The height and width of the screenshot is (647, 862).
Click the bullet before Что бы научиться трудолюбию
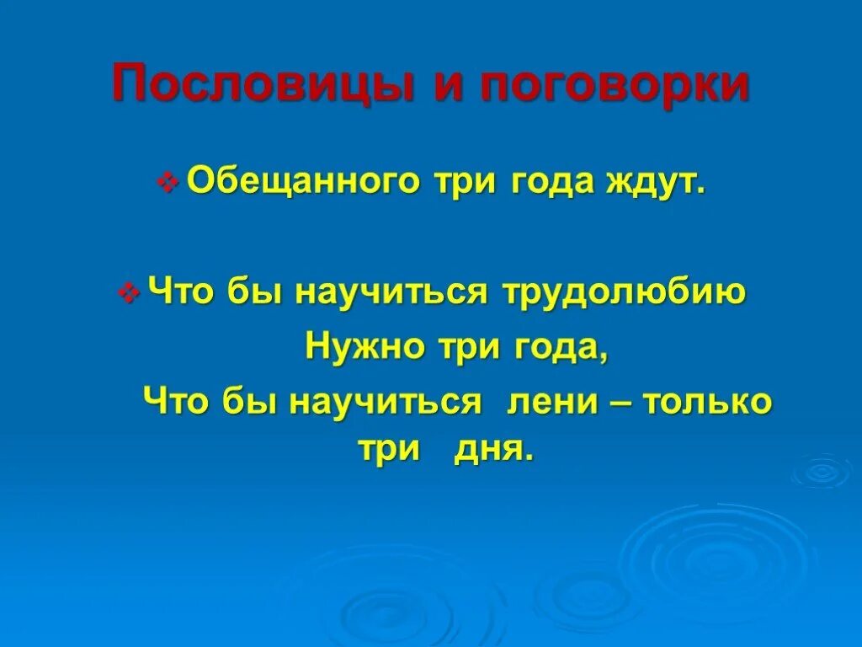(130, 294)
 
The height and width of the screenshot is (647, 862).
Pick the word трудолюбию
(625, 292)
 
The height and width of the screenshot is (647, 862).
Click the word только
(707, 401)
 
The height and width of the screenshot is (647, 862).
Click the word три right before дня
(389, 449)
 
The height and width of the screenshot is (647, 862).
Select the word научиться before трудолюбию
(391, 292)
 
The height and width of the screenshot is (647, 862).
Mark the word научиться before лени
(385, 401)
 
